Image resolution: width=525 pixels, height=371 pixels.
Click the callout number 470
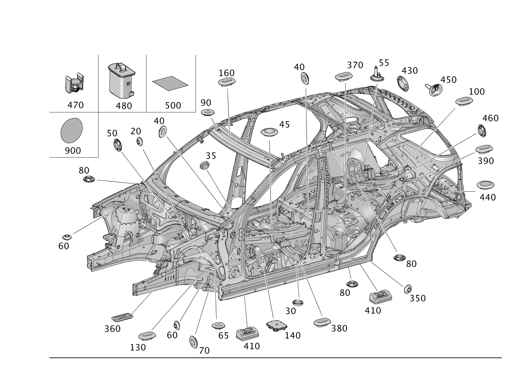click(x=76, y=105)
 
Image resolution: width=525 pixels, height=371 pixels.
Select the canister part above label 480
click(x=122, y=80)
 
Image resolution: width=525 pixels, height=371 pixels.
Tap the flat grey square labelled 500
click(x=170, y=83)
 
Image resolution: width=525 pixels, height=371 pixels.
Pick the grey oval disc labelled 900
click(x=72, y=131)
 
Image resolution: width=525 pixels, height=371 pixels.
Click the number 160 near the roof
click(x=226, y=73)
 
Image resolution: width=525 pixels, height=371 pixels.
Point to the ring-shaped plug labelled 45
click(x=270, y=132)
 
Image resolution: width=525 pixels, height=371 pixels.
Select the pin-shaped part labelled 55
click(x=377, y=75)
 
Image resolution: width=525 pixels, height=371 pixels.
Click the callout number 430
click(x=410, y=71)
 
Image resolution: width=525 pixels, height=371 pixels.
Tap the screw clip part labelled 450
click(x=434, y=89)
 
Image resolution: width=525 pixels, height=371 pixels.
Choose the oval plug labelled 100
click(x=464, y=101)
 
